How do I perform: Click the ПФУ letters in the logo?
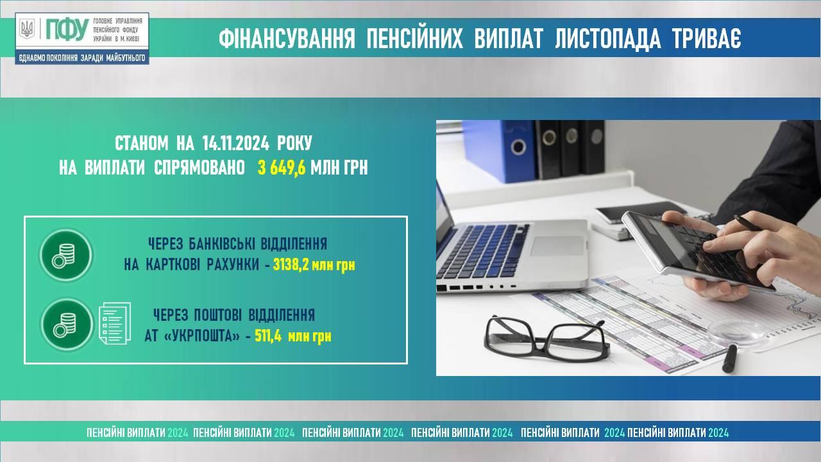67,29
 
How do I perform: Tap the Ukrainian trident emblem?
27,29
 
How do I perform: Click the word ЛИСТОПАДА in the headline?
607,38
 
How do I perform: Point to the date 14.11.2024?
235,143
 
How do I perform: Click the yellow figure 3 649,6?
282,168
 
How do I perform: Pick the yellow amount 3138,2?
291,264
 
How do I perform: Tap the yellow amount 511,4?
268,336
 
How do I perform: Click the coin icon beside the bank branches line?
66,255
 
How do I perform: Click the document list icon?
115,323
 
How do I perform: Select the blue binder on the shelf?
503,150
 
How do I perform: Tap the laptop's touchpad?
557,246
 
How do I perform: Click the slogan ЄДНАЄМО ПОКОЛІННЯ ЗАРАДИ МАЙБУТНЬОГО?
81,58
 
